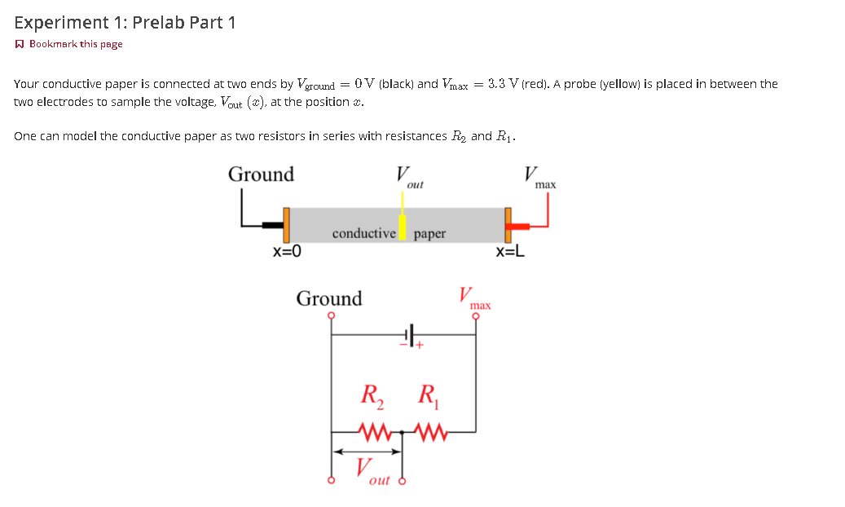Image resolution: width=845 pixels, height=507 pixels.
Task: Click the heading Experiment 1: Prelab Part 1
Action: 125,23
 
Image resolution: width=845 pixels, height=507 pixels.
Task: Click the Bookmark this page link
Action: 75,44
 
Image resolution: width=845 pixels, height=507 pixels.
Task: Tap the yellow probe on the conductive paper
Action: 402,226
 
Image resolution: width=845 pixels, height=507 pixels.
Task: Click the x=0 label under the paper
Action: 287,251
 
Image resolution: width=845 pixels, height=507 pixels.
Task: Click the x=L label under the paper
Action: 510,251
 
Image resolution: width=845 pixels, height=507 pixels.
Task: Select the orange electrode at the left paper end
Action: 286,225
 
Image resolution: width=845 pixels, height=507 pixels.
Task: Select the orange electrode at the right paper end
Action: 508,225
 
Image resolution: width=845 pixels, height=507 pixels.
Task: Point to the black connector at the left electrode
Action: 272,226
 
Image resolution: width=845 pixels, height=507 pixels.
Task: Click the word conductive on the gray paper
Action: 363,234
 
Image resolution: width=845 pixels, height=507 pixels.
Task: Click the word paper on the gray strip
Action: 429,234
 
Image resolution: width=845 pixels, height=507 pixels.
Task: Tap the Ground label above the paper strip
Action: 261,174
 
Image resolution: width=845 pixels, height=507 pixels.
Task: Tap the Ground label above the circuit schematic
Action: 329,298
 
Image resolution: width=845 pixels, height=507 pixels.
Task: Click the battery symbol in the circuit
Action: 410,334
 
